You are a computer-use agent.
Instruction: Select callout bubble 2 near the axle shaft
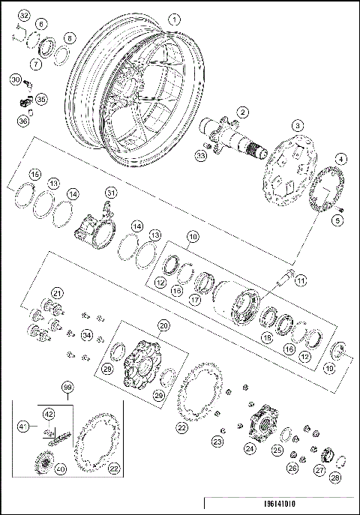tap(242, 112)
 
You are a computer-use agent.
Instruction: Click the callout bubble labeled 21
tap(55, 292)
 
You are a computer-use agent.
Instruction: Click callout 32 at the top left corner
tap(23, 16)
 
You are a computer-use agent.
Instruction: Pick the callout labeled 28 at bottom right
tap(334, 477)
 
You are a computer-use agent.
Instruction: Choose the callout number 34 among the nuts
tap(88, 334)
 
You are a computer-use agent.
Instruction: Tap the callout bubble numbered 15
tap(34, 175)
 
